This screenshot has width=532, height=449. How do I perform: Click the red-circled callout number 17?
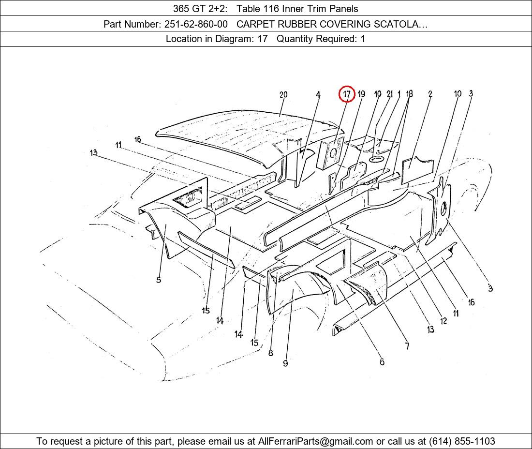coord(347,94)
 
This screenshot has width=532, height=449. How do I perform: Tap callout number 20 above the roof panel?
coord(283,95)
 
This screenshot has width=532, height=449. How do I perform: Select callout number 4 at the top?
coord(318,95)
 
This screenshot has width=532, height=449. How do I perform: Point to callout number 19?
coord(361,94)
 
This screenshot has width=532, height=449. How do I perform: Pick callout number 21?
coord(389,94)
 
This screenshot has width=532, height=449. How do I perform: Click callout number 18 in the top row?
coord(409,94)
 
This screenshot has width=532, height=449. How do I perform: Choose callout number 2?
coord(430,94)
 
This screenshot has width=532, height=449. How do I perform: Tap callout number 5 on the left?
coord(159,280)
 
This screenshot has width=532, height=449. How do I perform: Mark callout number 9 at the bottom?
coord(285,363)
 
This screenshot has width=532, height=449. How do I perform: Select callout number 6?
coord(382,362)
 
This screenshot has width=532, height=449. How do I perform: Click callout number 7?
coord(407,346)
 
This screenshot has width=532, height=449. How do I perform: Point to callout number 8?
coord(270,353)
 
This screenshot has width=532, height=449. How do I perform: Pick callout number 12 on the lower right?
coord(443,321)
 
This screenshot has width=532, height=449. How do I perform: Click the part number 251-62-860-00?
coord(196,24)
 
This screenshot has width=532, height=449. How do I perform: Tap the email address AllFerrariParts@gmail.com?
coord(315,441)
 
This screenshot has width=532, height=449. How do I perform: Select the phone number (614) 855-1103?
coord(462,441)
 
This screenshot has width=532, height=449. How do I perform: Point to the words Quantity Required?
coord(316,39)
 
